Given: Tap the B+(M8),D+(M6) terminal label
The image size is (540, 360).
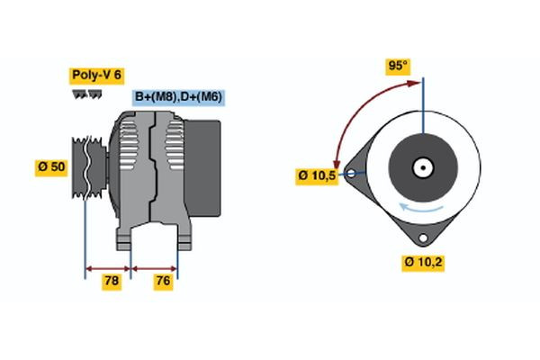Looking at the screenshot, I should tap(179, 97).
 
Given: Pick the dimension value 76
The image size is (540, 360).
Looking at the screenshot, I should tap(163, 282).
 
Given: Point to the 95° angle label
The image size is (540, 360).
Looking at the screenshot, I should tap(398, 66).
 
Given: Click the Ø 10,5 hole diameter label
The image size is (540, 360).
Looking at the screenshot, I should tap(316, 175).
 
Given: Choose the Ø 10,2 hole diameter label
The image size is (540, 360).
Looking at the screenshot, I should tap(423, 263).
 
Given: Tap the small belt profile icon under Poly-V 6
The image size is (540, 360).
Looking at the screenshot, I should tap(86, 94).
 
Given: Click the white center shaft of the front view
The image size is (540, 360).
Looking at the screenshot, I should tap(423, 167).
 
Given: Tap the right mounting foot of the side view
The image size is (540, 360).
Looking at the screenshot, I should tap(183, 238).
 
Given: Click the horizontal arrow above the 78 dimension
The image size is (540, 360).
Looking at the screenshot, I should tap(108, 267).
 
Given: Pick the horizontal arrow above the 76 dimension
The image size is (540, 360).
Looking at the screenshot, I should tap(155, 267).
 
